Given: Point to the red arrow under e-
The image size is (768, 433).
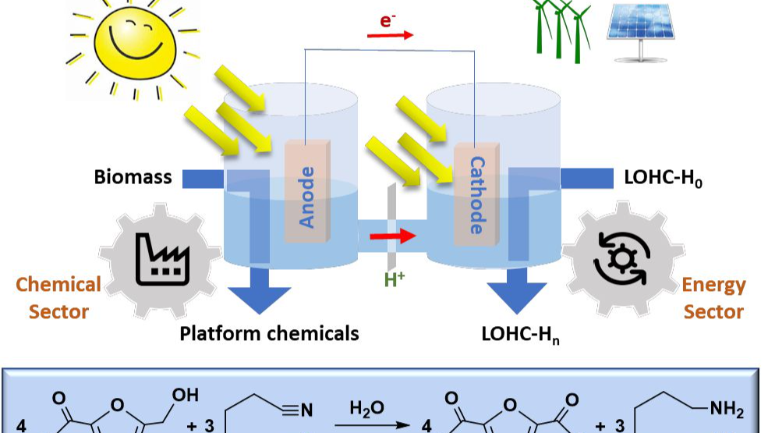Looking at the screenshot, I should point(391,36).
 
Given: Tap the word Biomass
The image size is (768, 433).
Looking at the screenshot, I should point(133,177).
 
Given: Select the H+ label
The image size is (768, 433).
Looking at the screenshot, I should point(395,278).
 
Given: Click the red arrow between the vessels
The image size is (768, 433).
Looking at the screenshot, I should point(392,234).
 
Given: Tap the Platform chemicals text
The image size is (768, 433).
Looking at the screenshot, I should point(269,333).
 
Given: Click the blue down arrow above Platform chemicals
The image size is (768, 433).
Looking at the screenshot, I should point(260,293).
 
